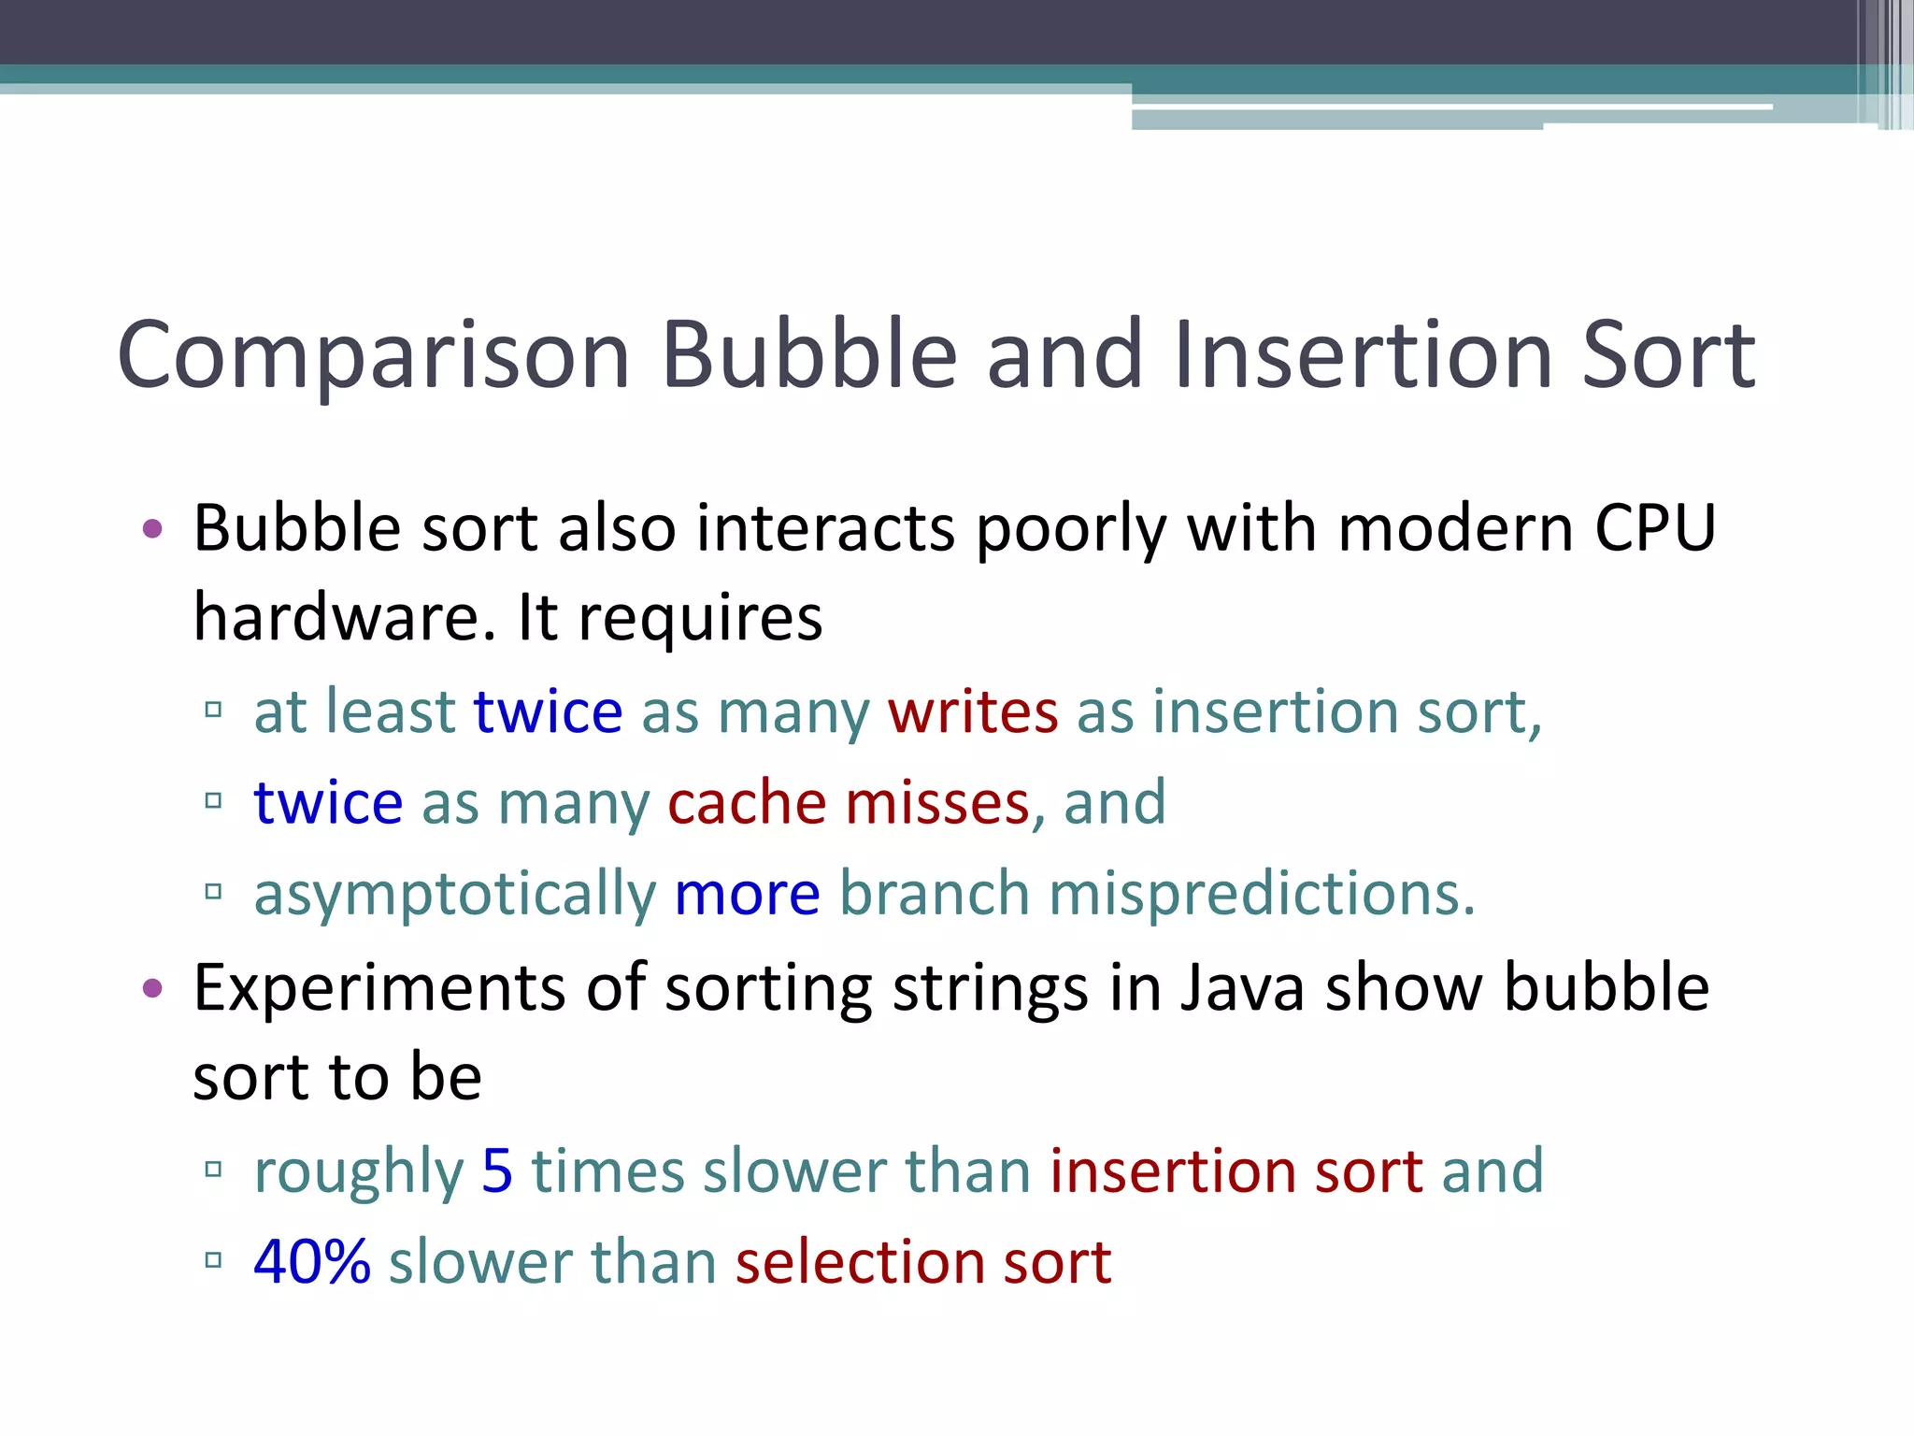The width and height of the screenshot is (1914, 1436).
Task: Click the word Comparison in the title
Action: pos(374,355)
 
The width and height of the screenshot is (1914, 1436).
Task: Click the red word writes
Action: pos(973,711)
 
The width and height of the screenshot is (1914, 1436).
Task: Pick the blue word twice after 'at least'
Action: pos(548,711)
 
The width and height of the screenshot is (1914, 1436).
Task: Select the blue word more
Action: pos(747,894)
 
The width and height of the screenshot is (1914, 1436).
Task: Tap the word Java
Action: pos(1241,987)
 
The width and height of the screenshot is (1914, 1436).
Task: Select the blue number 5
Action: pos(497,1170)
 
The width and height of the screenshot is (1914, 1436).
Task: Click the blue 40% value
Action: pos(312,1261)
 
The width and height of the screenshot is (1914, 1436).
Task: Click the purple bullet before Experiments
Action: pos(152,988)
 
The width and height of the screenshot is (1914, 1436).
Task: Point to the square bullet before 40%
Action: pos(213,1260)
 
